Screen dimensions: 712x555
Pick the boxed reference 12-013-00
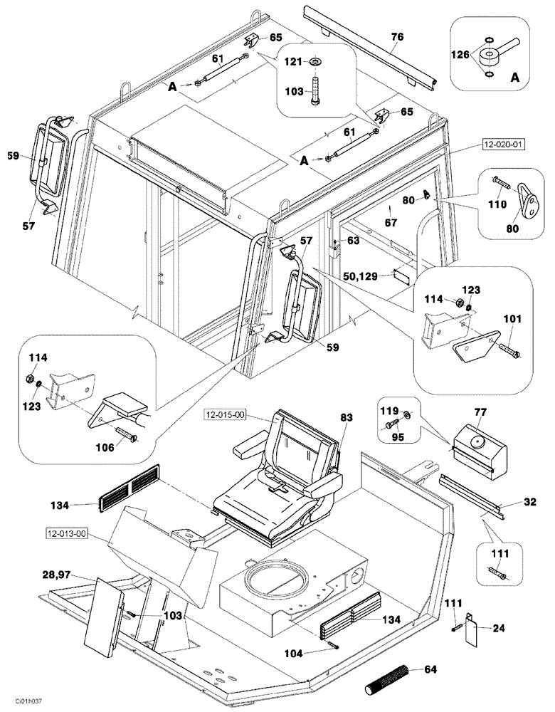pyautogui.click(x=63, y=532)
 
